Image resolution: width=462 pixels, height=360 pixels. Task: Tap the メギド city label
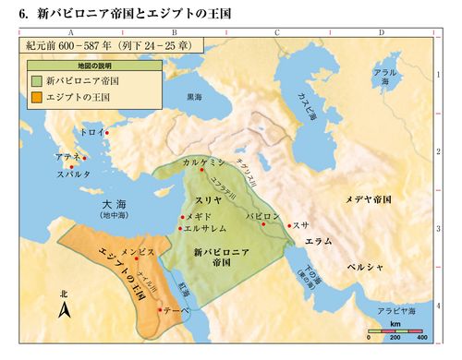tap(199, 215)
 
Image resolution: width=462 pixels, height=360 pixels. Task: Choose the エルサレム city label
tap(206, 227)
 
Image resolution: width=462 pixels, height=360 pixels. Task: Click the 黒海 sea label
tap(194, 95)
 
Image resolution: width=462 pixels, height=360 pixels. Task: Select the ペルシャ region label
tap(359, 265)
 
